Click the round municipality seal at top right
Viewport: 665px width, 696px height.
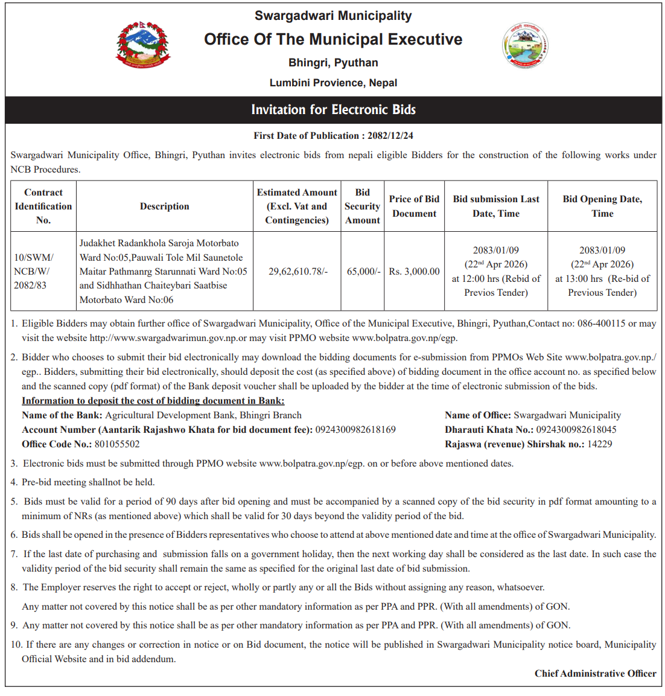point(524,46)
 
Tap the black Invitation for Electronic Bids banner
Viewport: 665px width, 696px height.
point(333,110)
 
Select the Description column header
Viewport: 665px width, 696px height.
point(165,206)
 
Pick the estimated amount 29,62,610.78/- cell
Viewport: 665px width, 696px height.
point(297,272)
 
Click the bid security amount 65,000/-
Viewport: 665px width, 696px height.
point(363,272)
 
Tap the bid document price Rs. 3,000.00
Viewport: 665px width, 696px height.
point(415,272)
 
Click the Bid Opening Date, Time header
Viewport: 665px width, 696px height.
point(602,206)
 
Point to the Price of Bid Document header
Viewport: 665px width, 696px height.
point(415,206)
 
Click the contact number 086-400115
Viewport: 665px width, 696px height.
point(601,324)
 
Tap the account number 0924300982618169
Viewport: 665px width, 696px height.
point(355,430)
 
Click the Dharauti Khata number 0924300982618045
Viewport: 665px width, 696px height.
point(576,430)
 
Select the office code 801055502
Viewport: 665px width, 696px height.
point(117,444)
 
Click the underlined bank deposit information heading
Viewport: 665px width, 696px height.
point(153,401)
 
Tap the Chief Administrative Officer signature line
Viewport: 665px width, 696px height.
point(595,674)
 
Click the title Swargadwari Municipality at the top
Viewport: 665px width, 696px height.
point(333,16)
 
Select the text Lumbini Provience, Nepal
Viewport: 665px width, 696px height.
point(333,83)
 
